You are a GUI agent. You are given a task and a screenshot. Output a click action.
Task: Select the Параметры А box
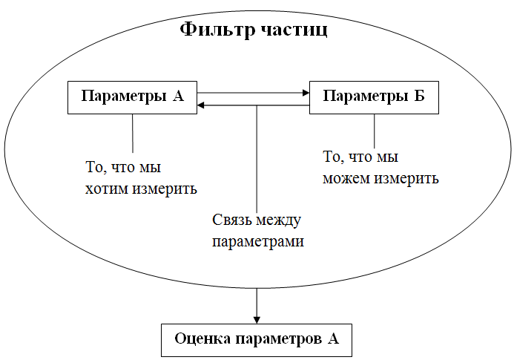[132, 98]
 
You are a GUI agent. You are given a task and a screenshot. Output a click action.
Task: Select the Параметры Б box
[374, 98]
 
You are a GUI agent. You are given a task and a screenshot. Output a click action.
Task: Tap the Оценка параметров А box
[256, 340]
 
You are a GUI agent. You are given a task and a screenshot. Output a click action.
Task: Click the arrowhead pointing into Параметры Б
[305, 94]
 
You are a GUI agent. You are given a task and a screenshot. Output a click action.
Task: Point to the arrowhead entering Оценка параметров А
[256, 318]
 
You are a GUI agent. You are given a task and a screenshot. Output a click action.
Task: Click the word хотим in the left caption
[108, 189]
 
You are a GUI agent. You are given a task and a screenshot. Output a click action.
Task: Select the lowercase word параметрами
[259, 241]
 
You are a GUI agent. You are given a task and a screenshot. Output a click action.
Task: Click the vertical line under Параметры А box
[133, 134]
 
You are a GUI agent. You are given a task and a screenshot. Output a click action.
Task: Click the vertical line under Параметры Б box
[374, 131]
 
